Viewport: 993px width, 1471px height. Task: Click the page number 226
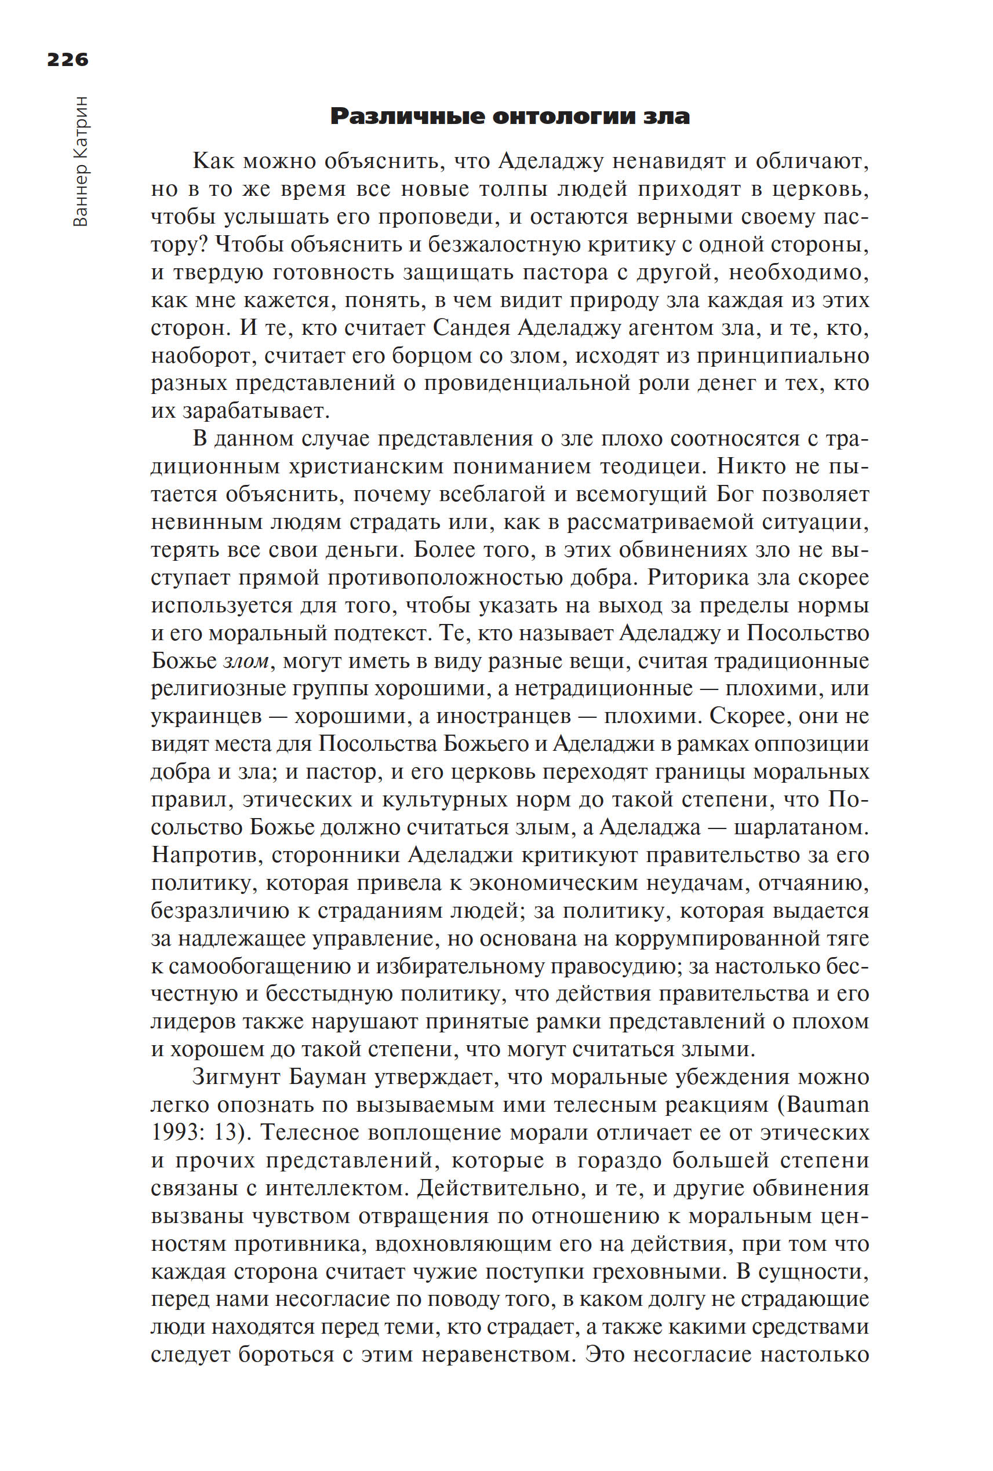click(68, 60)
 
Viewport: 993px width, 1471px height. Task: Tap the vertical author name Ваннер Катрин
click(81, 162)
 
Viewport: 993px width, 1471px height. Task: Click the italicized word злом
click(246, 662)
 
